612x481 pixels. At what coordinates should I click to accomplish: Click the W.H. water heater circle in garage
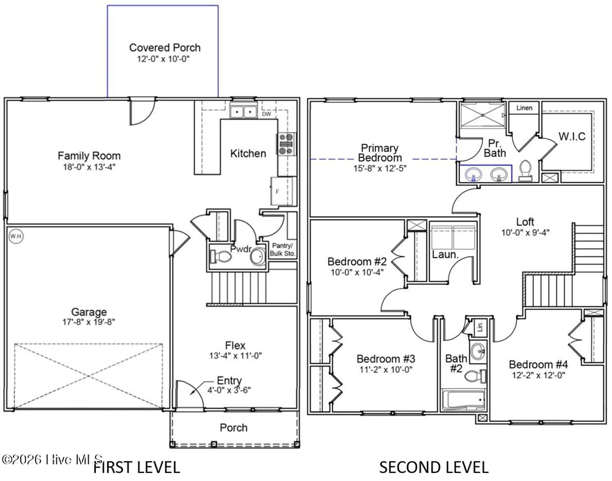16,236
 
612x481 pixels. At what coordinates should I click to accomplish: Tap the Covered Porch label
165,48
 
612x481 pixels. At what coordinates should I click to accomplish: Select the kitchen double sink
243,112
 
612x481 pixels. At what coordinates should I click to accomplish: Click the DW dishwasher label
266,114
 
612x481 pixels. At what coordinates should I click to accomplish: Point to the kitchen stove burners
286,144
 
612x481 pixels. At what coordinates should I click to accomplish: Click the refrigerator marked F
283,191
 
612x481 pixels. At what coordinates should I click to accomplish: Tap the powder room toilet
221,257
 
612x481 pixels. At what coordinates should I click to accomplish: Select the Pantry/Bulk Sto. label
282,249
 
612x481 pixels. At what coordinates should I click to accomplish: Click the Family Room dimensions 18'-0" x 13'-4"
89,167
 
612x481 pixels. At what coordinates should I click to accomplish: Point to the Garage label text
89,312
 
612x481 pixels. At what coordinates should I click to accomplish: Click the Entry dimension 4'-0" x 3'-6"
229,390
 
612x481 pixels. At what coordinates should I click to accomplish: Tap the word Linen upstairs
524,108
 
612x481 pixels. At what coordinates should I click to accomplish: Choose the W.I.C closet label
572,137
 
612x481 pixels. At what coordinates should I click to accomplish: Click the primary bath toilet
525,171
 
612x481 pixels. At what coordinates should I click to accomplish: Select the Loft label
525,222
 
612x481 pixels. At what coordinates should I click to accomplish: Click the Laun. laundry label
445,255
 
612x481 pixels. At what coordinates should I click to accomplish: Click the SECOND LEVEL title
434,468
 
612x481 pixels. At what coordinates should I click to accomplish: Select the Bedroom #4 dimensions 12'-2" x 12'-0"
539,375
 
